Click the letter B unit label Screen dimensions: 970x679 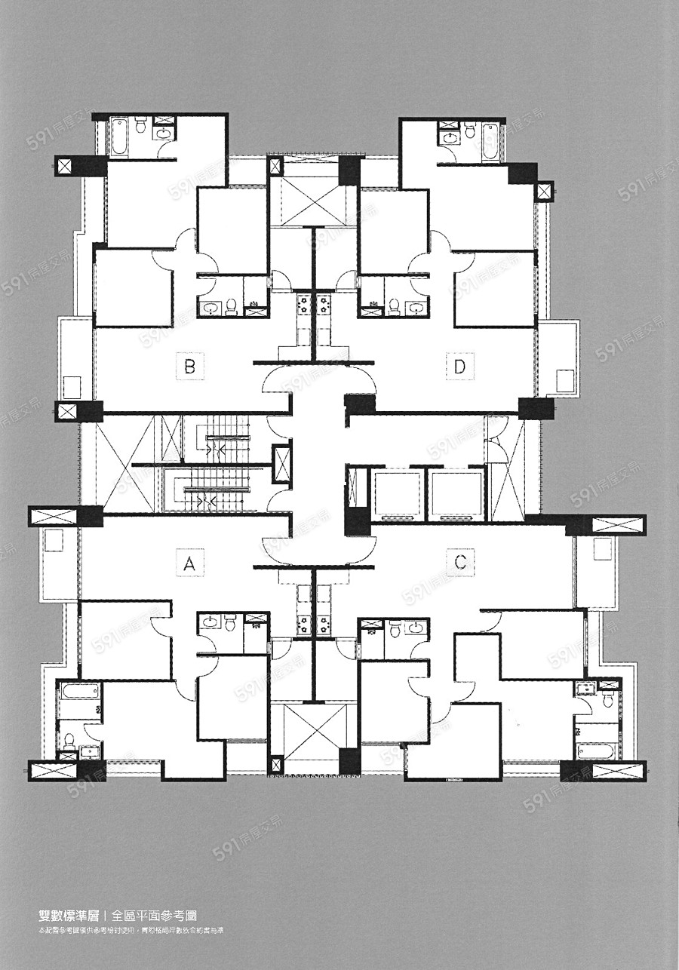point(190,367)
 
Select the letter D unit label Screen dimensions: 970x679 point(459,367)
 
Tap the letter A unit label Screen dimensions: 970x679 point(190,562)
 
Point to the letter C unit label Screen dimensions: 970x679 point(459,562)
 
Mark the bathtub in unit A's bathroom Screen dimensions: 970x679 point(81,692)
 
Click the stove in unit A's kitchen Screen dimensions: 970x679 point(303,625)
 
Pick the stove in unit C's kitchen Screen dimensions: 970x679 point(325,625)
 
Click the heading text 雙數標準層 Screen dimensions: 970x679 point(69,916)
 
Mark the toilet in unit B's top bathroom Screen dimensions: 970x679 point(140,127)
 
